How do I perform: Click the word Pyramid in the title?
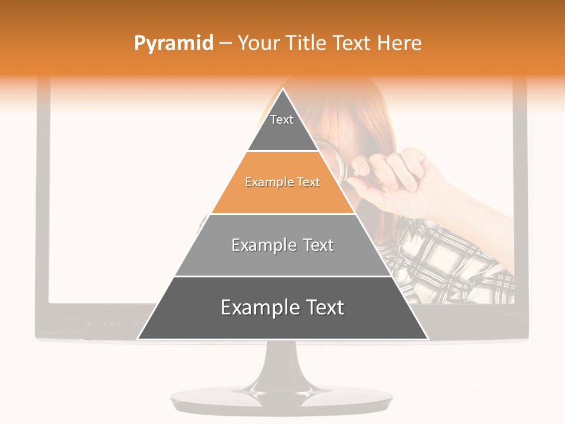coord(174,43)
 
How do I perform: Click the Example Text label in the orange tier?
coord(282,182)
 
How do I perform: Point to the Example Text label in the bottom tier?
coord(282,307)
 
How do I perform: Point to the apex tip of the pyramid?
coord(282,90)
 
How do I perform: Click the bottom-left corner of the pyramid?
coord(139,339)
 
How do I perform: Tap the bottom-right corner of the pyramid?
coord(427,339)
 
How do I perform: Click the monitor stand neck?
coord(282,365)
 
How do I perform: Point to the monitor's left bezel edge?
coord(42,206)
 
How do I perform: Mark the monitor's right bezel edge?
coord(520,206)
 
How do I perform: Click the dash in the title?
coord(225,44)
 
